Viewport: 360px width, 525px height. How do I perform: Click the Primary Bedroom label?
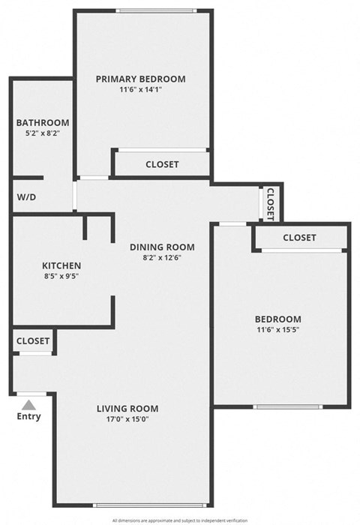point(141,79)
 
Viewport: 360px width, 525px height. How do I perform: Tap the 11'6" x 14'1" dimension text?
point(141,90)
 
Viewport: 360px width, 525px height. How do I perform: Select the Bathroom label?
point(43,122)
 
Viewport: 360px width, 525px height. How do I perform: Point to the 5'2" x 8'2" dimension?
point(43,133)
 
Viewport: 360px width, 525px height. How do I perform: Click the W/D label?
point(26,197)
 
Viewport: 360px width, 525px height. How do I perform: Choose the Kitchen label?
point(61,265)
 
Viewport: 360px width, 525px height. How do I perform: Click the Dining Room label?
point(162,247)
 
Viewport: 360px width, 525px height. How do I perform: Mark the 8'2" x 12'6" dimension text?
point(162,258)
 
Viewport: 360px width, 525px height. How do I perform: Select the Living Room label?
point(127,408)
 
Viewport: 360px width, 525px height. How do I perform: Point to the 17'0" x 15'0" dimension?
point(127,420)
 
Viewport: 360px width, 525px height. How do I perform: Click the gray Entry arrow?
point(28,403)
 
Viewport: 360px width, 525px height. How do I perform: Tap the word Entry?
point(28,416)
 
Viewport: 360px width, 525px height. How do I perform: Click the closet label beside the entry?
point(33,340)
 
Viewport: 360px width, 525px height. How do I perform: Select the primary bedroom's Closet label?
point(162,164)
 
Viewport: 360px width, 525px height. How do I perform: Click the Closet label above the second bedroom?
point(299,238)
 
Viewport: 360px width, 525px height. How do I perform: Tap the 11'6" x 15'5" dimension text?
point(278,330)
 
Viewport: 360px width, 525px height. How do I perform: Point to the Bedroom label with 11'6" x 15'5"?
point(278,319)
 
